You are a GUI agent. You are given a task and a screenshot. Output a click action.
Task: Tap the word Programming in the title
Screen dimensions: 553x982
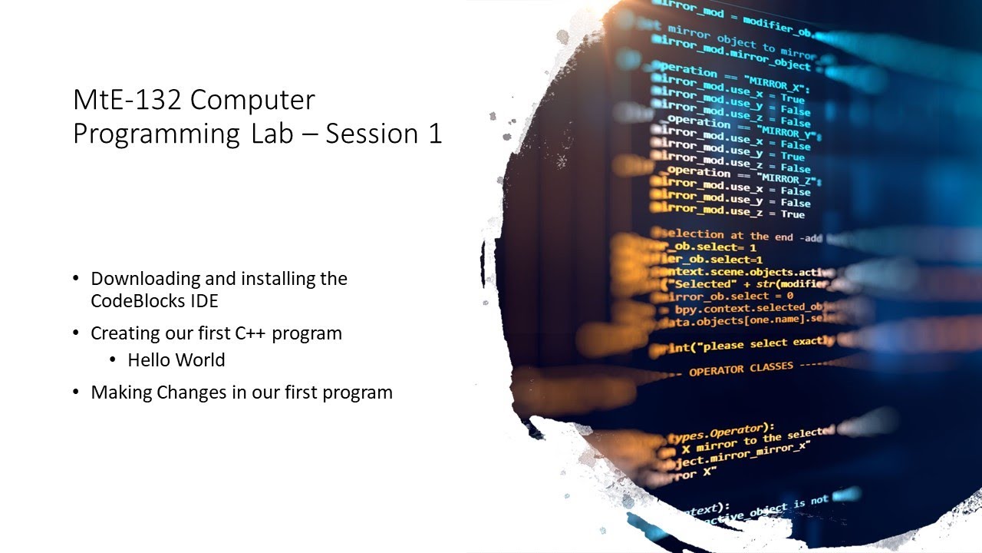click(157, 134)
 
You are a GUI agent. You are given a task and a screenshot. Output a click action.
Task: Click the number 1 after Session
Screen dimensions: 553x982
click(435, 133)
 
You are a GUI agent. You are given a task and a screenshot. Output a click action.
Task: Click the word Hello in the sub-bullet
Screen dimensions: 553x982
click(150, 359)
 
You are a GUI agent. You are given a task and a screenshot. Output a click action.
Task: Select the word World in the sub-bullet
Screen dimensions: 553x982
click(200, 359)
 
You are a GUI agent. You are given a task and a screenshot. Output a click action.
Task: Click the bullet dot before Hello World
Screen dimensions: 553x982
click(113, 360)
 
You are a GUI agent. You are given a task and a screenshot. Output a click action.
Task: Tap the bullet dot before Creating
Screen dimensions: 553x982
click(75, 333)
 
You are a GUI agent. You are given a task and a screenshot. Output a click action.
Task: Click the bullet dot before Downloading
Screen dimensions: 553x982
click(75, 278)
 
